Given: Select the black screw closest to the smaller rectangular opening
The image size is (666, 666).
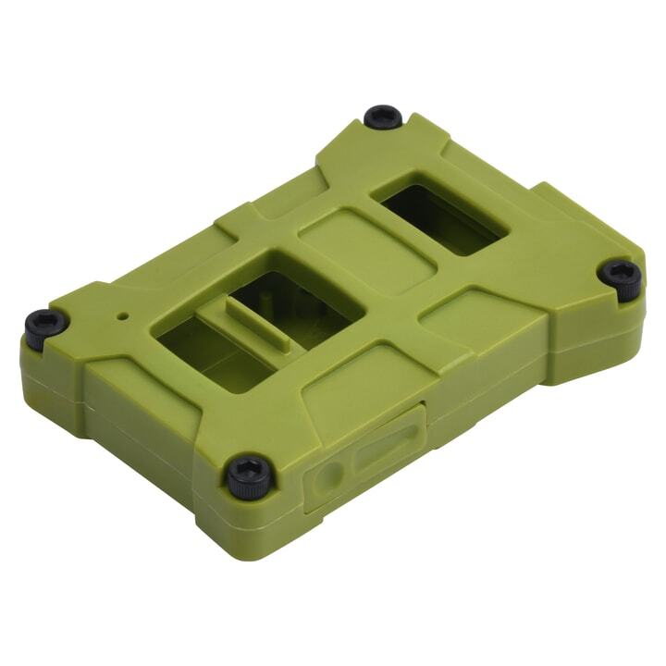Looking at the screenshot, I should [x=382, y=117].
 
